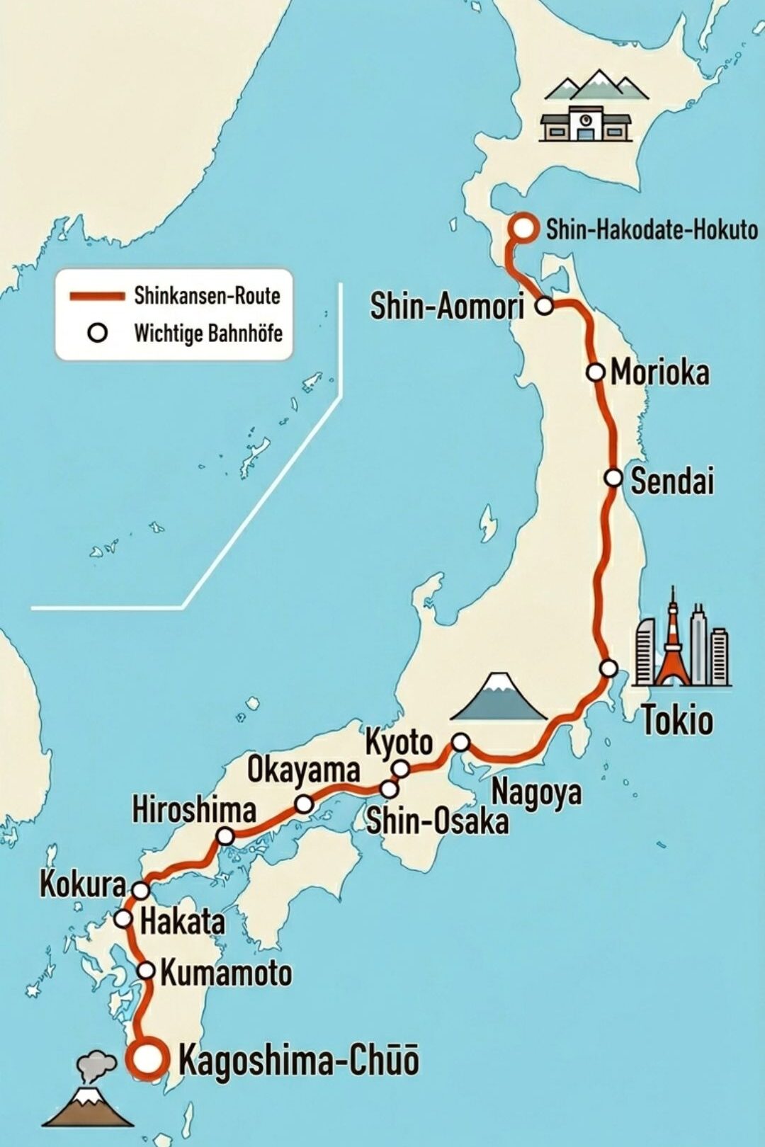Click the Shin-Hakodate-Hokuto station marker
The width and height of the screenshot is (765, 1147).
tap(523, 228)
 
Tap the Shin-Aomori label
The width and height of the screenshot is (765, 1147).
tap(447, 306)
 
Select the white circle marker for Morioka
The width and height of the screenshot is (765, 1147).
tap(596, 372)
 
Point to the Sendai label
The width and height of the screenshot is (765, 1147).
tap(671, 481)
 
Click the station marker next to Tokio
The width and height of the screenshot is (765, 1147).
tap(608, 668)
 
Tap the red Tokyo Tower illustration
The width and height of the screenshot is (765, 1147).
tap(671, 648)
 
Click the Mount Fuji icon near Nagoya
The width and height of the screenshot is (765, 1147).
tap(500, 697)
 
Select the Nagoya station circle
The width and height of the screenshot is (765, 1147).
tap(460, 742)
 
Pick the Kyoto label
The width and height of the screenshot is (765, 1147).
tap(399, 743)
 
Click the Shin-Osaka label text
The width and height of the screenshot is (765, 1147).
tap(437, 821)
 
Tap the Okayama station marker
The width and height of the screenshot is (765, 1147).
tap(304, 804)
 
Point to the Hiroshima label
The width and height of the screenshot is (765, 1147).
tap(194, 809)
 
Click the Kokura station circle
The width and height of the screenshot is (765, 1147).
tap(142, 890)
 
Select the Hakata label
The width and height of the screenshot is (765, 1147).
tap(182, 922)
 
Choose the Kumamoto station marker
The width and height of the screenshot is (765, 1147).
tap(146, 970)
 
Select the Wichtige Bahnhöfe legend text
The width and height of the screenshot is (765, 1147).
tap(208, 333)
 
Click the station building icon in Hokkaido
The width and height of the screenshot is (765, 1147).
tap(585, 125)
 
